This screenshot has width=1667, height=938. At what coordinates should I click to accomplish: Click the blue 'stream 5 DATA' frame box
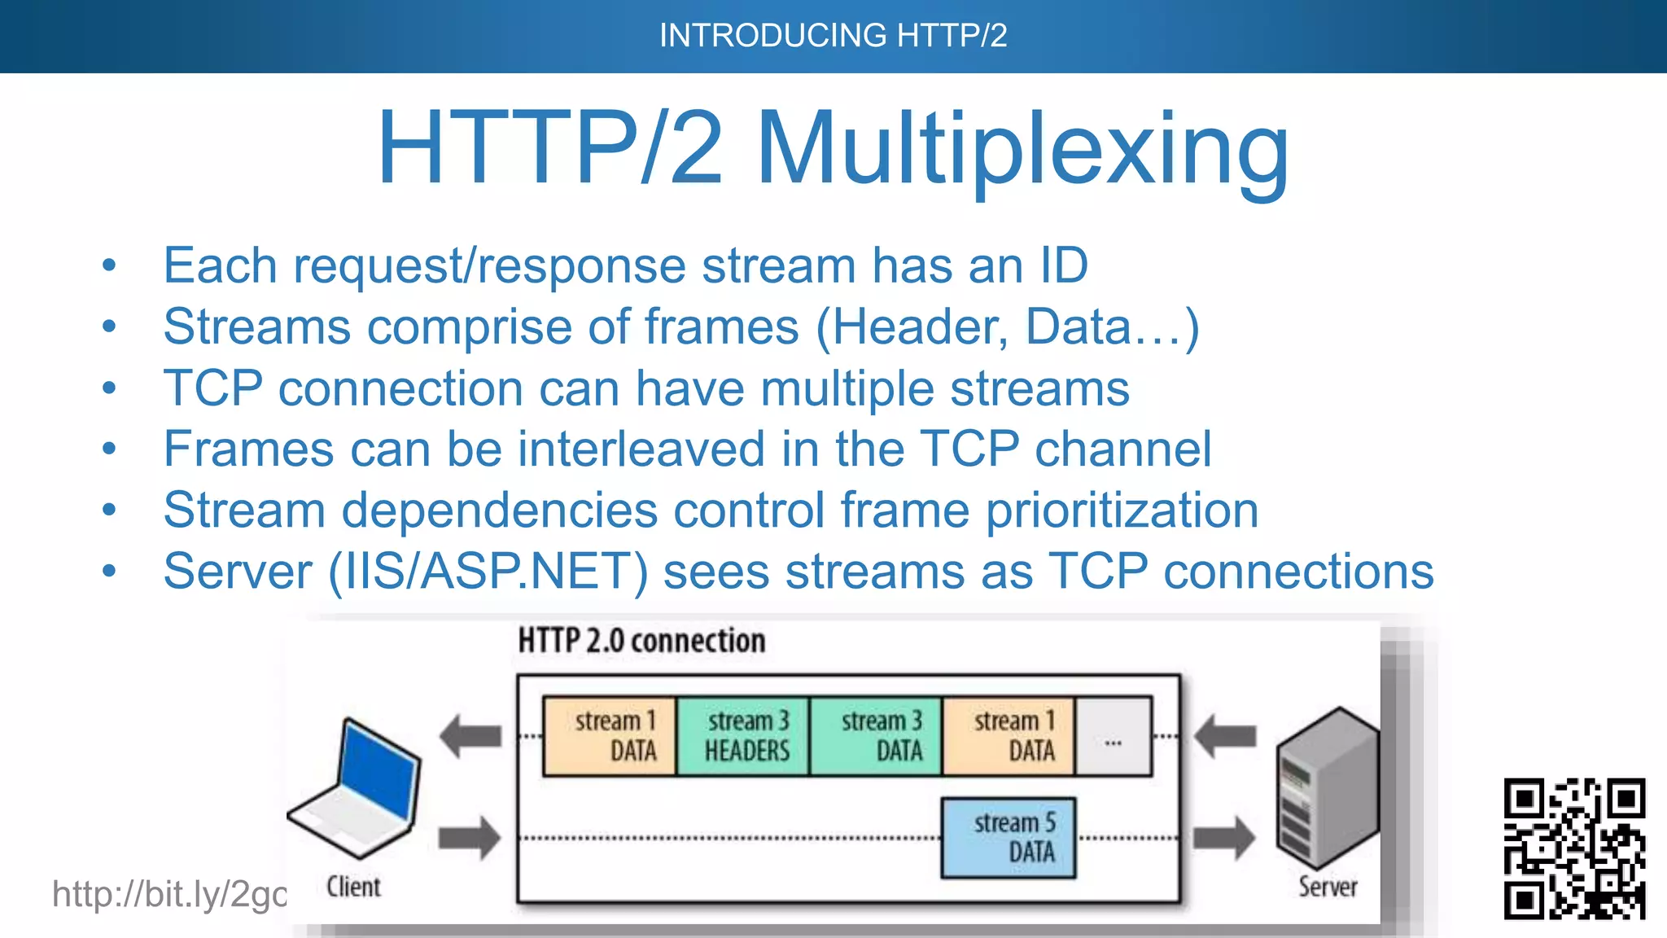1008,837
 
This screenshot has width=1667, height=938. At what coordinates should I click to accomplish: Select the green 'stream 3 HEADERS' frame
742,736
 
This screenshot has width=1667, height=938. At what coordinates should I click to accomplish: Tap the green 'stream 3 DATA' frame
876,736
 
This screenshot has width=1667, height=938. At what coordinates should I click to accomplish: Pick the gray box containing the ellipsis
1113,736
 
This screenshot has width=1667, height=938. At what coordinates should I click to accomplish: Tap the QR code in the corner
1574,848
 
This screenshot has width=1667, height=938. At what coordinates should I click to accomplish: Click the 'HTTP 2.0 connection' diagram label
641,642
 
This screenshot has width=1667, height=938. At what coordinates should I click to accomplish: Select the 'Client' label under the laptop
353,886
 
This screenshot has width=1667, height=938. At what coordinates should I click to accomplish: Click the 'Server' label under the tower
1328,886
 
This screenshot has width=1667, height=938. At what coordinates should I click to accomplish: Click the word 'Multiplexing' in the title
1022,150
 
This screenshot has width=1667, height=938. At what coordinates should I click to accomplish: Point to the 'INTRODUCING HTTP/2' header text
833,36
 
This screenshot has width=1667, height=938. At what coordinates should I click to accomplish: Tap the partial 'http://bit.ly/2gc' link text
169,894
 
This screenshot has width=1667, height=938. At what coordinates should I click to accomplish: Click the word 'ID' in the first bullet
1064,265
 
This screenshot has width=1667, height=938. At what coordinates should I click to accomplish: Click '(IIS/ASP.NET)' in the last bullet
488,571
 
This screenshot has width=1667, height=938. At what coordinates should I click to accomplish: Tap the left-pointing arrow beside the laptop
470,736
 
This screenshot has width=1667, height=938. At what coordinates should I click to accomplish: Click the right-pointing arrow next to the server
1224,837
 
